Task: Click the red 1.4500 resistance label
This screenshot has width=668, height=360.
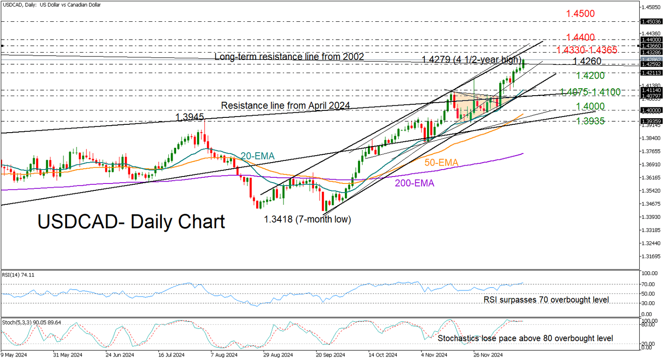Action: [x=580, y=13]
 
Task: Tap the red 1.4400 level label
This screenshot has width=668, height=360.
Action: [x=581, y=38]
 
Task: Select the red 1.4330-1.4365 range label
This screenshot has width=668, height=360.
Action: [x=587, y=50]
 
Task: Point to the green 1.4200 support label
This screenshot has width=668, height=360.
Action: [x=590, y=76]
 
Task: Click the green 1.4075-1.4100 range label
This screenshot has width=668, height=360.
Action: [x=590, y=92]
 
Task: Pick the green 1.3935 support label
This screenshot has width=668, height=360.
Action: [x=590, y=121]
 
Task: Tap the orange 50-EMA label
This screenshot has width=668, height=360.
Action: [x=441, y=163]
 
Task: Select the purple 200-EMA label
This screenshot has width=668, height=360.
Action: [x=414, y=183]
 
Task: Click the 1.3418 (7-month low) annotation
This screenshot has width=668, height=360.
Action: [x=307, y=220]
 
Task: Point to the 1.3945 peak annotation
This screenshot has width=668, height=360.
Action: [x=190, y=117]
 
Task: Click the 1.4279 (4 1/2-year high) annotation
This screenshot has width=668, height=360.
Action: [x=471, y=60]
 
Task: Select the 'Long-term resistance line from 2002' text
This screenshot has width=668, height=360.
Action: [x=289, y=57]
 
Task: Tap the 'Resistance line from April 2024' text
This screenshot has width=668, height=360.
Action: [x=286, y=106]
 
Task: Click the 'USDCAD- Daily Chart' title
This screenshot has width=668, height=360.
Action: [x=131, y=222]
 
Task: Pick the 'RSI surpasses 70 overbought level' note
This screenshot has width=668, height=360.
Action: [x=546, y=300]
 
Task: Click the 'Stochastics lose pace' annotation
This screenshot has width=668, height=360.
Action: [x=525, y=338]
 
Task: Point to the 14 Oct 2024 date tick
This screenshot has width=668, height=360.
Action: [x=383, y=355]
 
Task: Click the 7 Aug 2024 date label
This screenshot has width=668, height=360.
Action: [x=224, y=355]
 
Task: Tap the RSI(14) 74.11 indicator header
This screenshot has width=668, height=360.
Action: [x=18, y=275]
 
